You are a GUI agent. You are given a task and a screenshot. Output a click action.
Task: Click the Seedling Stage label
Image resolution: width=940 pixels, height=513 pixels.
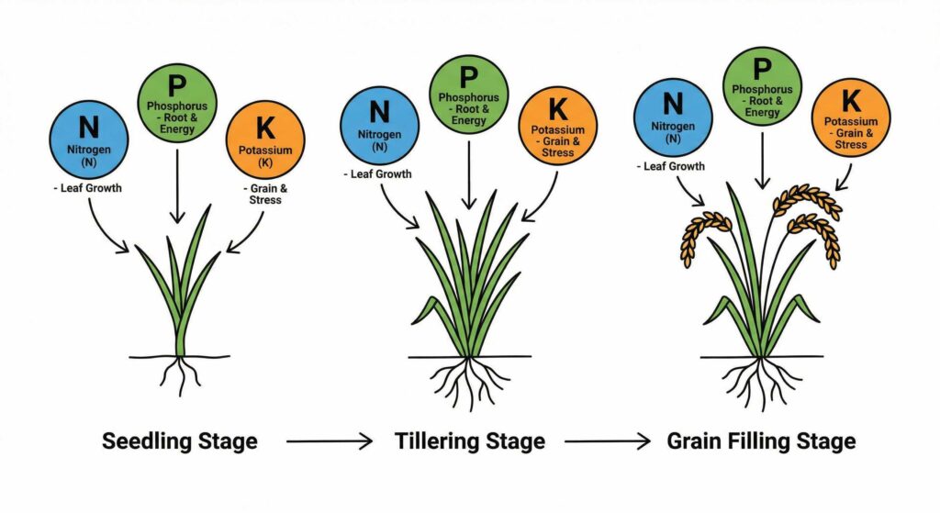[180, 441]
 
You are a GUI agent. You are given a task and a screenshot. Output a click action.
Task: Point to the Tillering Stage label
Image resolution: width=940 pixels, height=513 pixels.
[469, 441]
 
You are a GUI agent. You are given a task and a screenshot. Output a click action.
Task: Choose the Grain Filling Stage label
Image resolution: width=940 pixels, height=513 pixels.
[762, 441]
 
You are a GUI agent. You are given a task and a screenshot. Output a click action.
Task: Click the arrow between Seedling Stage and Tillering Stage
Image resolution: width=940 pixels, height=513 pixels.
[329, 442]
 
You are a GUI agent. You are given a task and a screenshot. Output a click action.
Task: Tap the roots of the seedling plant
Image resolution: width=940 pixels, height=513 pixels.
[181, 374]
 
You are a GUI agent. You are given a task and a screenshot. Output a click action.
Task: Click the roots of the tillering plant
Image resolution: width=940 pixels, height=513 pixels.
[469, 381]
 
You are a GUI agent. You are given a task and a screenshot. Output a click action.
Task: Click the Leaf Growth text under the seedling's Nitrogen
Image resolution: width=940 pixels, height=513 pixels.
[90, 189]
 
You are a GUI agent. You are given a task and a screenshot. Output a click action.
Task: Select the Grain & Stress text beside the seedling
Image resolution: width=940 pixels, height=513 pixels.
[265, 195]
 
